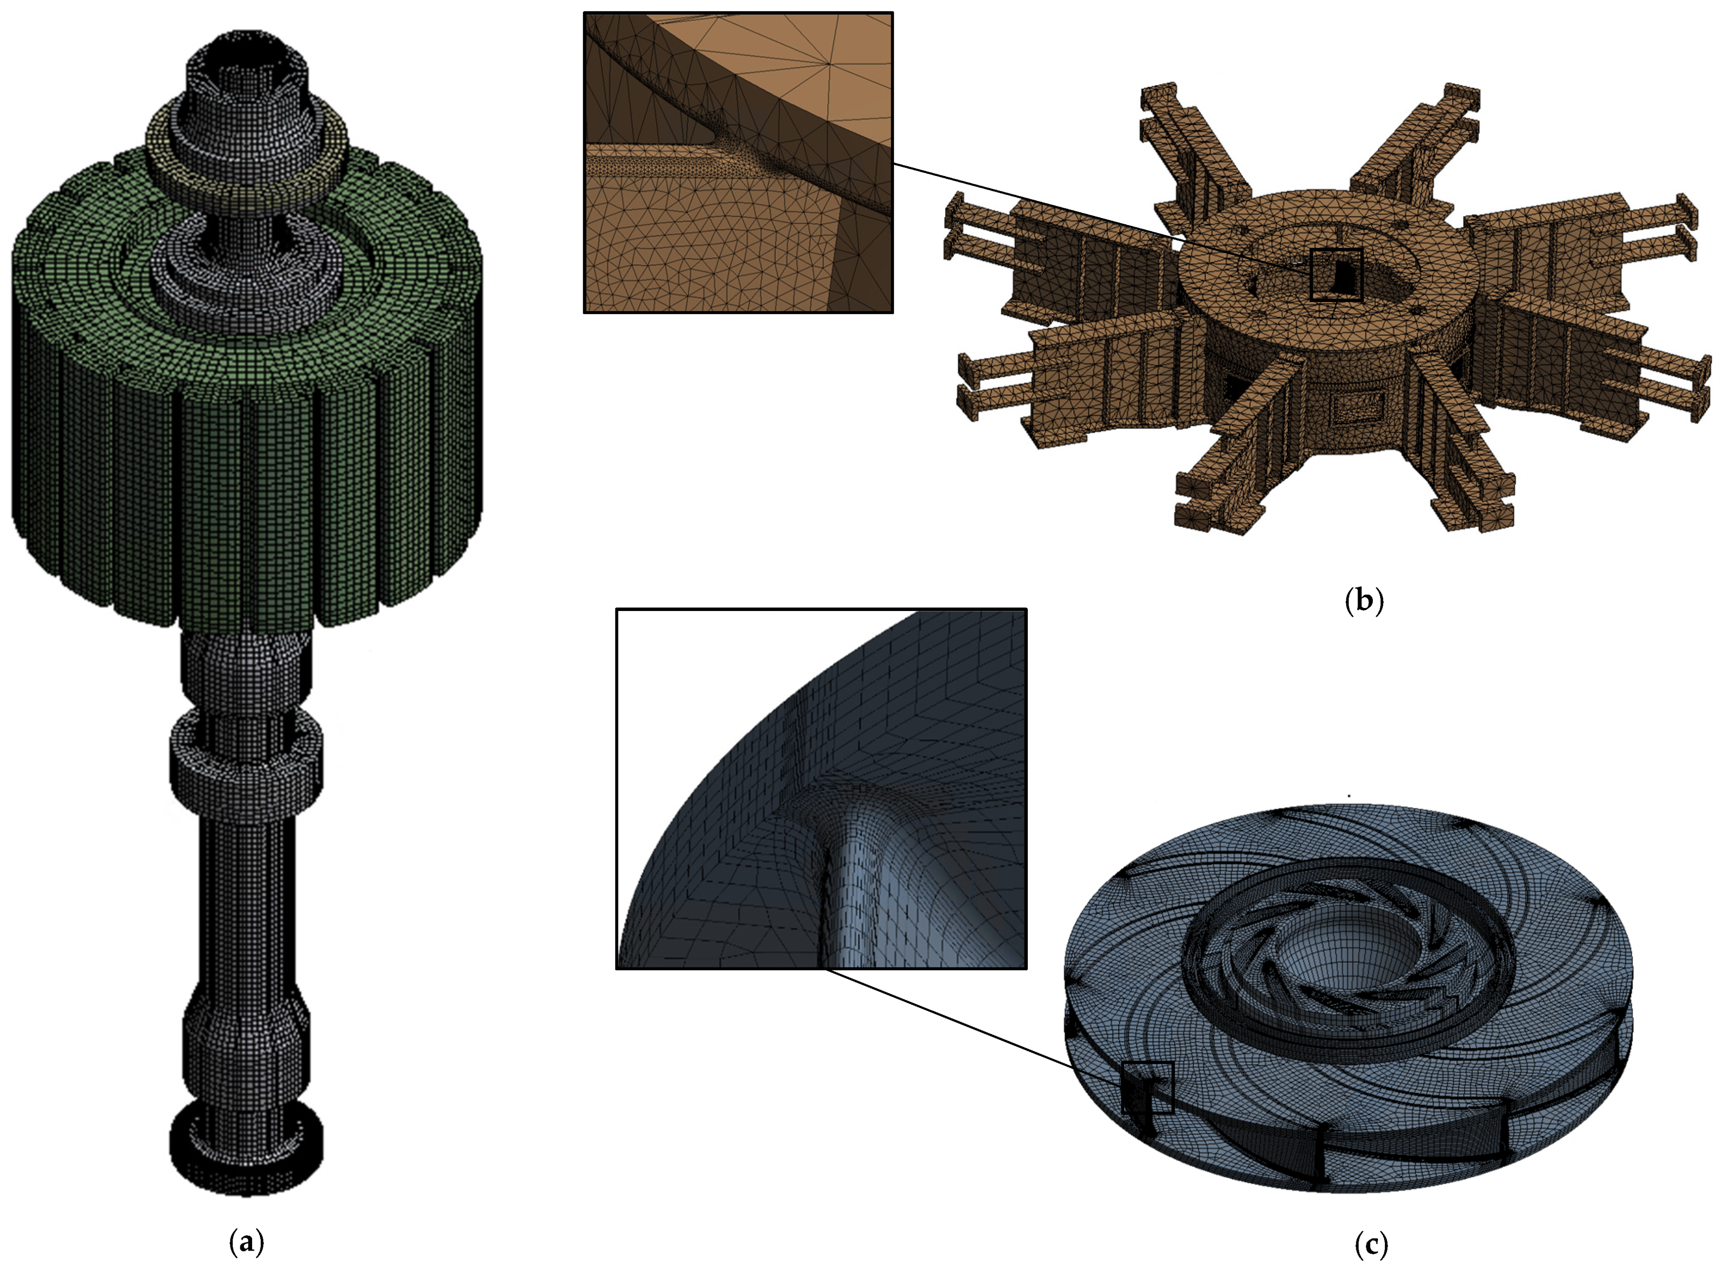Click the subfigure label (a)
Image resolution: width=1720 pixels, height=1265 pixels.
[x=246, y=1241]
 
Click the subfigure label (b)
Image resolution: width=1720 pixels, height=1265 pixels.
[x=1365, y=601]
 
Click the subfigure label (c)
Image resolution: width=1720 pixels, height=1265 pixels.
[x=1370, y=1244]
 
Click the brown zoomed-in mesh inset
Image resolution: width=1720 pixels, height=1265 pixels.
[x=738, y=163]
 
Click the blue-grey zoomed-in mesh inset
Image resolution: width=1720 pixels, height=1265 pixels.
[x=821, y=789]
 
